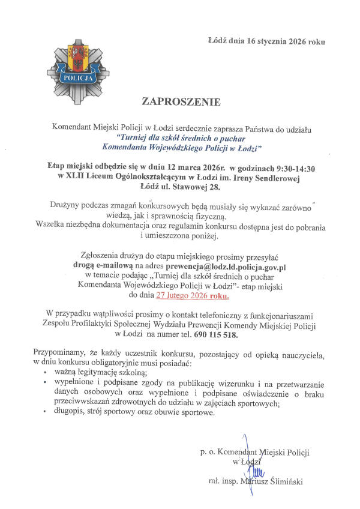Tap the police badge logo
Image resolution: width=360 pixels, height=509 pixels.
point(75,67)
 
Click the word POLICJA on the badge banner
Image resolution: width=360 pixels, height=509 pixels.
point(75,78)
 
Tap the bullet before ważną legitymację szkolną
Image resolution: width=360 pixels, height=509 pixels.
point(47,372)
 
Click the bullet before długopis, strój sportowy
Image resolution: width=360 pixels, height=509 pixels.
point(47,413)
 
